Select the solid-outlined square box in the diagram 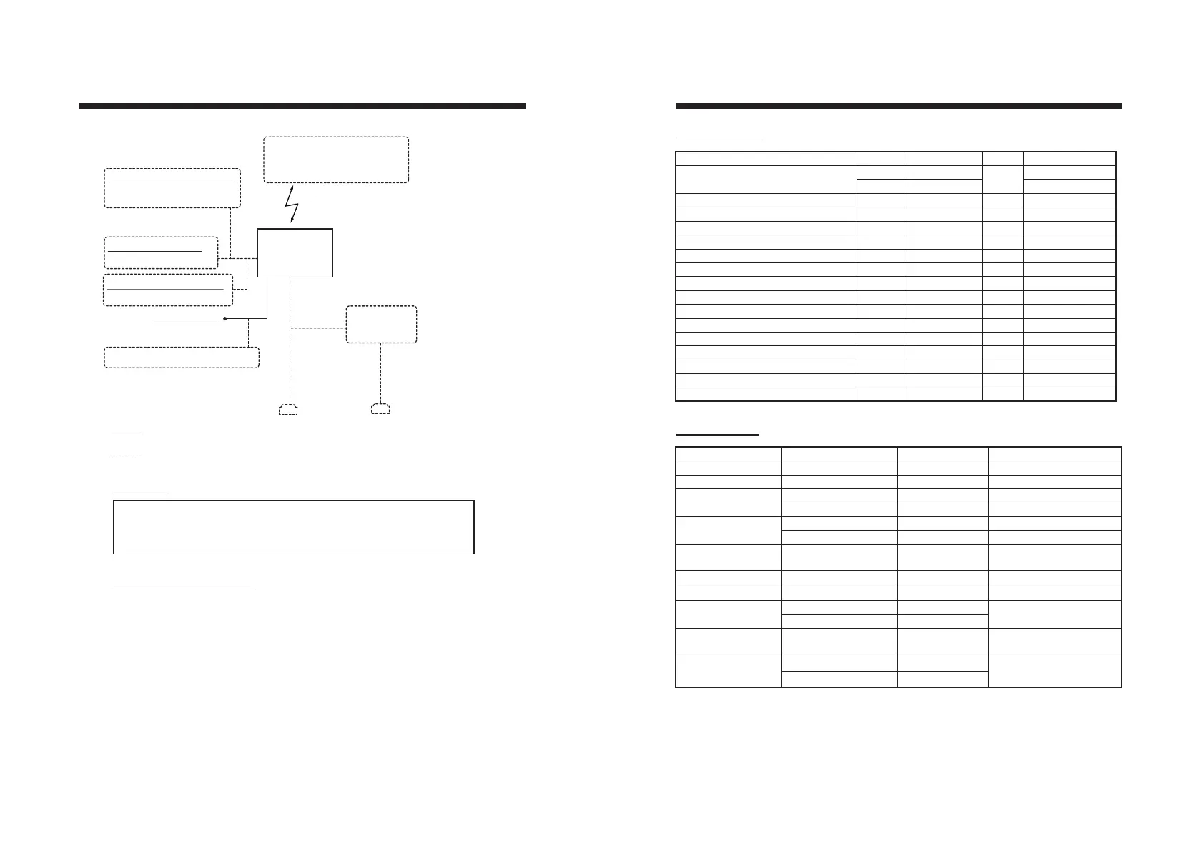(x=295, y=252)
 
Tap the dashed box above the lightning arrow (x=336, y=159)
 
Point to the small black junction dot (x=225, y=318)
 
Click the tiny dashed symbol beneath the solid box (x=287, y=410)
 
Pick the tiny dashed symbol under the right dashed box (x=380, y=409)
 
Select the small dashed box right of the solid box (x=381, y=325)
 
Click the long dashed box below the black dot (x=182, y=357)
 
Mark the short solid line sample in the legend (x=127, y=433)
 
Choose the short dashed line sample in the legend (x=127, y=455)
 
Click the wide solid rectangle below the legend (x=294, y=527)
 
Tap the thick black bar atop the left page (x=302, y=106)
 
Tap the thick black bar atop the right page (x=899, y=106)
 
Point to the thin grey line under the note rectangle (x=184, y=589)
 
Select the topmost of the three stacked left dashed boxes (x=172, y=188)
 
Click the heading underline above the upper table (x=719, y=138)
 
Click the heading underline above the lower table (x=717, y=434)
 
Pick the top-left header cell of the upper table (x=766, y=158)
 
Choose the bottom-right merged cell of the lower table (x=1055, y=670)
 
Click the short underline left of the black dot (x=186, y=323)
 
